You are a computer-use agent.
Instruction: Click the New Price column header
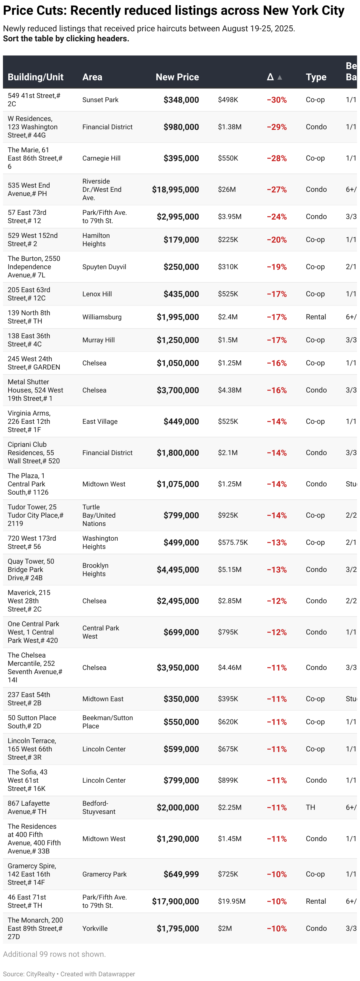point(177,77)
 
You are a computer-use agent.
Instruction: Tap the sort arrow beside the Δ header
point(280,77)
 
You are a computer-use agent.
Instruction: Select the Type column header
point(316,77)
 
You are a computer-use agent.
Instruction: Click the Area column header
point(92,77)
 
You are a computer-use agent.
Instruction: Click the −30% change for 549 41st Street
point(276,100)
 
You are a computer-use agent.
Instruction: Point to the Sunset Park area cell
point(100,100)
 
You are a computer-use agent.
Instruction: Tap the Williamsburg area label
point(102,317)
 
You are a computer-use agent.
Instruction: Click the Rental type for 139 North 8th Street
point(316,317)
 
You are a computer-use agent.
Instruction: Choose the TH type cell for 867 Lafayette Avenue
point(310,807)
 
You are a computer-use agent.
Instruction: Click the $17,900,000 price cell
point(175,901)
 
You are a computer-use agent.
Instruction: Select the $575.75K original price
point(233,542)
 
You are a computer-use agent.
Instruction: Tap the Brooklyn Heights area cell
point(95,570)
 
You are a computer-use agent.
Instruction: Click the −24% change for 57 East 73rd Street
point(276,217)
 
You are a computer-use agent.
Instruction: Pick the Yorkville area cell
point(95,928)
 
